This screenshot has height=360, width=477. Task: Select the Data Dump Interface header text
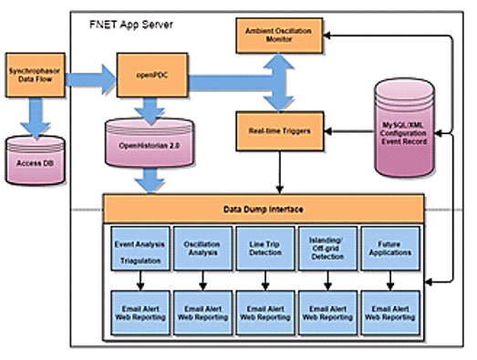264,208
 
